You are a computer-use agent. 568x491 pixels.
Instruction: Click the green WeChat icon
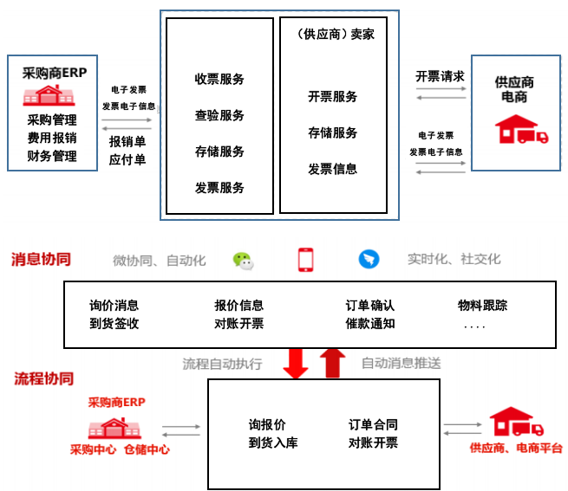coord(244,260)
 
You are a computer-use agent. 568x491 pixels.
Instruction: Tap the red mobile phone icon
coord(305,260)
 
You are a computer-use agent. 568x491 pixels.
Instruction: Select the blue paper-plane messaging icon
coord(369,260)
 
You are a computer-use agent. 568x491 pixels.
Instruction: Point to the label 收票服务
coord(219,80)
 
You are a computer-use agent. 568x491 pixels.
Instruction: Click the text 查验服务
coord(219,116)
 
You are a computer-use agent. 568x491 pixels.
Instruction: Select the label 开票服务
coord(332,97)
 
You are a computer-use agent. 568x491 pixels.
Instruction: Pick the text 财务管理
coord(52,157)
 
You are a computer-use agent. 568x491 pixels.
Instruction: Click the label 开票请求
coord(440,76)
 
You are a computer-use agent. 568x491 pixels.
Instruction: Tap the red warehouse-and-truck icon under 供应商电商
coord(520,130)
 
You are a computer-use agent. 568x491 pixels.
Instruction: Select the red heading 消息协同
coord(41,259)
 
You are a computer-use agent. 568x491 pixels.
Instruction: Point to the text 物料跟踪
coord(483,306)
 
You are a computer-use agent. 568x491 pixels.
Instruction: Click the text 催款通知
coord(370,324)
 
